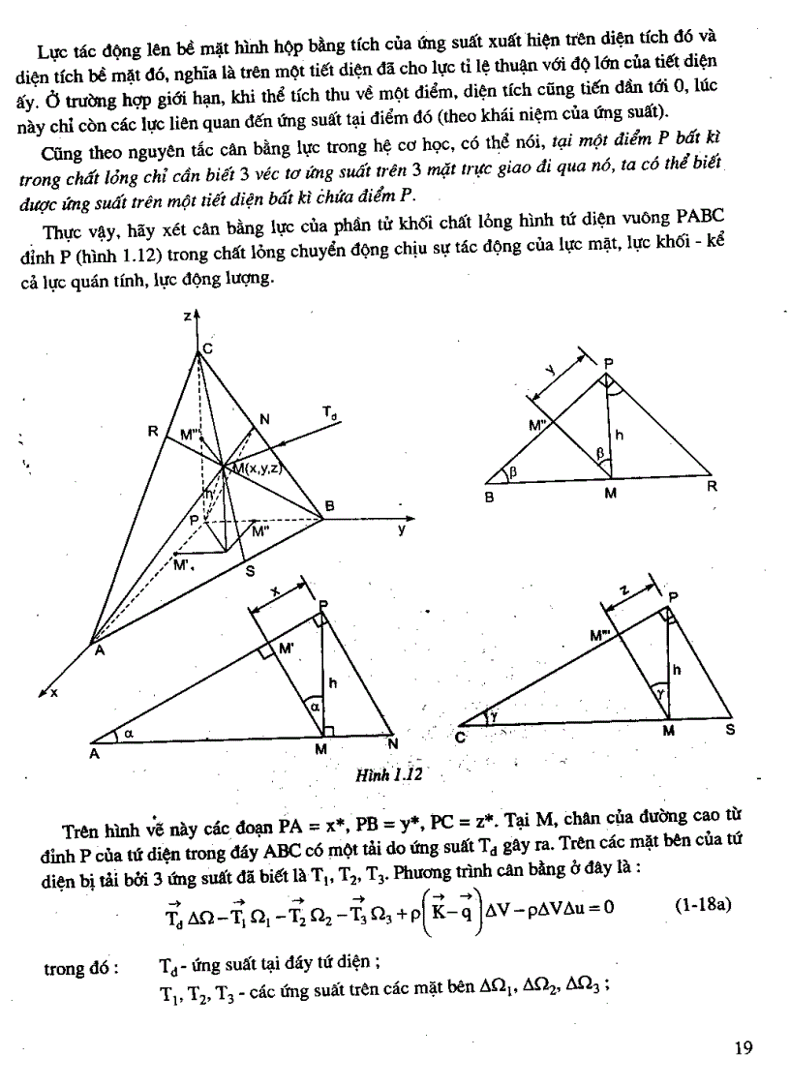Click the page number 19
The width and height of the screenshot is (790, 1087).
pos(743,1047)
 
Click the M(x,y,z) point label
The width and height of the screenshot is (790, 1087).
pos(254,468)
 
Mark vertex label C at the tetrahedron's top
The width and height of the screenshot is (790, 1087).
pos(207,348)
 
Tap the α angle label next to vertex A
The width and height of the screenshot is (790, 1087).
pos(128,735)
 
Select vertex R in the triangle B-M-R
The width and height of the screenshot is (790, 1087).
pos(712,486)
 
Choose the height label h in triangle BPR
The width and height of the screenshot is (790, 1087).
pos(619,437)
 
